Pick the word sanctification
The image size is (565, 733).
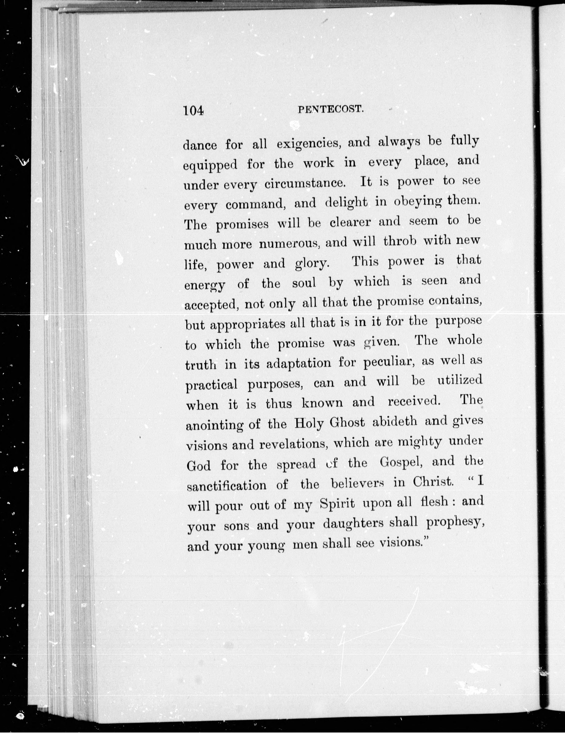[226, 485]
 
